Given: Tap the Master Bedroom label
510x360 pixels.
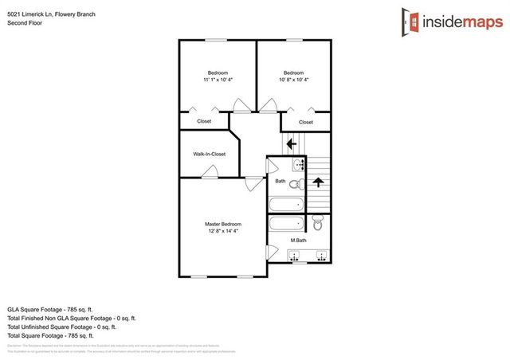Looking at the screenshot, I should click(x=223, y=224).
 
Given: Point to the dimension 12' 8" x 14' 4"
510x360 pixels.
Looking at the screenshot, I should click(x=223, y=231).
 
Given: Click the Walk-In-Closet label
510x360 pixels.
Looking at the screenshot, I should click(x=210, y=154).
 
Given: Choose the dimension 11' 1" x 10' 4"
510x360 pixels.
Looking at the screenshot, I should click(x=218, y=80).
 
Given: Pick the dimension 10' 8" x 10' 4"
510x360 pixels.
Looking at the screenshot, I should click(x=293, y=80).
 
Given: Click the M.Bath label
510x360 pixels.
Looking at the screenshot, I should click(x=299, y=240).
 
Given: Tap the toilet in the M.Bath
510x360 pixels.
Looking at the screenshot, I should click(x=319, y=225).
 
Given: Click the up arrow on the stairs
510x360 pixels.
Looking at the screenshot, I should click(x=318, y=182).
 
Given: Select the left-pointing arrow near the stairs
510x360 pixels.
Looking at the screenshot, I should click(x=292, y=143).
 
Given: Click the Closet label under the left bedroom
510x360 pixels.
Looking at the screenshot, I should click(x=204, y=121).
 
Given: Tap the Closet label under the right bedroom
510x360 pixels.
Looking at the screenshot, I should click(x=306, y=122).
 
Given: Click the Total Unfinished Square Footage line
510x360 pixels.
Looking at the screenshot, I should click(x=62, y=326).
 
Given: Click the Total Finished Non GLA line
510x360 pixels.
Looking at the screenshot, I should click(x=68, y=317).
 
